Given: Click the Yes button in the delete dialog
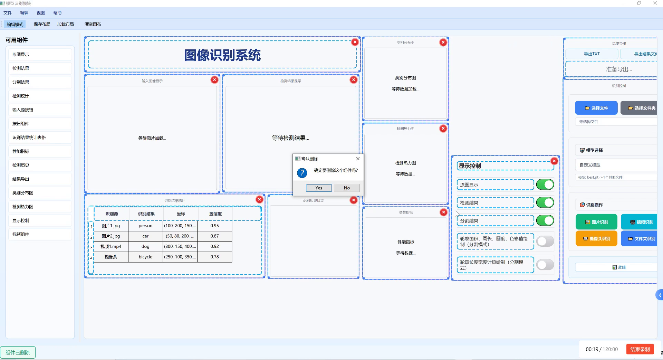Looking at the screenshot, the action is tap(318, 188).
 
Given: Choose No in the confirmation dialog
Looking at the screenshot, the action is tap(347, 188).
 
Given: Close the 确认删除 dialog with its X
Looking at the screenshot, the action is tap(358, 159).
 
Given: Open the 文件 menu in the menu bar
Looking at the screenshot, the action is tap(8, 13).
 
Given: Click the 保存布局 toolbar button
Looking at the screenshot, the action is tap(42, 24).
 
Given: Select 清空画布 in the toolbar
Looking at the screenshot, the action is tap(93, 24).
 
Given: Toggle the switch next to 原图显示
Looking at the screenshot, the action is tap(545, 184).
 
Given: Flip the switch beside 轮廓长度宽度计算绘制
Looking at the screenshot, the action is tap(545, 265).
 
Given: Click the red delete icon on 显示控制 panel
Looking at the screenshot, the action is tap(554, 161).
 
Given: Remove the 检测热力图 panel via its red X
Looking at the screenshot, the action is tap(443, 129).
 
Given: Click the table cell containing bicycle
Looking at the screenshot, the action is tap(145, 257).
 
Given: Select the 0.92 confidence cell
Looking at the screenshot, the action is tap(214, 246).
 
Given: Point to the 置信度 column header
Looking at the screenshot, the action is tap(215, 214).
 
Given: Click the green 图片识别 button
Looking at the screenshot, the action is tap(596, 222).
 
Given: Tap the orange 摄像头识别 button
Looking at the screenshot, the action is tap(596, 238).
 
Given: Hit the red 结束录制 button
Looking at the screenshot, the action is tap(640, 349).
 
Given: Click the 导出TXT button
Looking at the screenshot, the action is tap(592, 54).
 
